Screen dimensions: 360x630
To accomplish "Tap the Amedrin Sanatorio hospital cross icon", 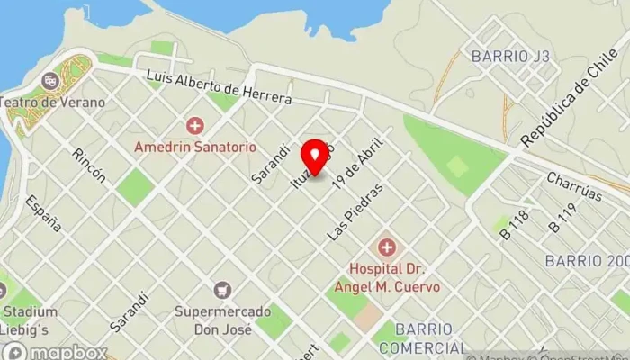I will (x=194, y=126).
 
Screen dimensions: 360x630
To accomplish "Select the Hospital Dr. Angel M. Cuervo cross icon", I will (x=387, y=246).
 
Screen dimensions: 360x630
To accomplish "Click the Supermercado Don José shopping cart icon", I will (x=222, y=291).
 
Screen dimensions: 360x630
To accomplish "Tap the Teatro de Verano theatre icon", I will (x=50, y=80).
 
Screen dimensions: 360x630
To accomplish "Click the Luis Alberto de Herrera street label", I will (x=219, y=85).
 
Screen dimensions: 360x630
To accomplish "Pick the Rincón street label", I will (x=89, y=166).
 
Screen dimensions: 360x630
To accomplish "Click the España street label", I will (x=43, y=213).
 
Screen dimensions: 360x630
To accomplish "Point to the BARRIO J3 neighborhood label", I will (x=510, y=56).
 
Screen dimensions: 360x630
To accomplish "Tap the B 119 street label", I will (x=562, y=220).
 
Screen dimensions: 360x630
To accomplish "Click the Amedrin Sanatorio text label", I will (x=195, y=146).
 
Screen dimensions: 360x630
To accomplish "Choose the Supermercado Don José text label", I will (x=221, y=320).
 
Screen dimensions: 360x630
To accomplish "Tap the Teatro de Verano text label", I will (x=52, y=102).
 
